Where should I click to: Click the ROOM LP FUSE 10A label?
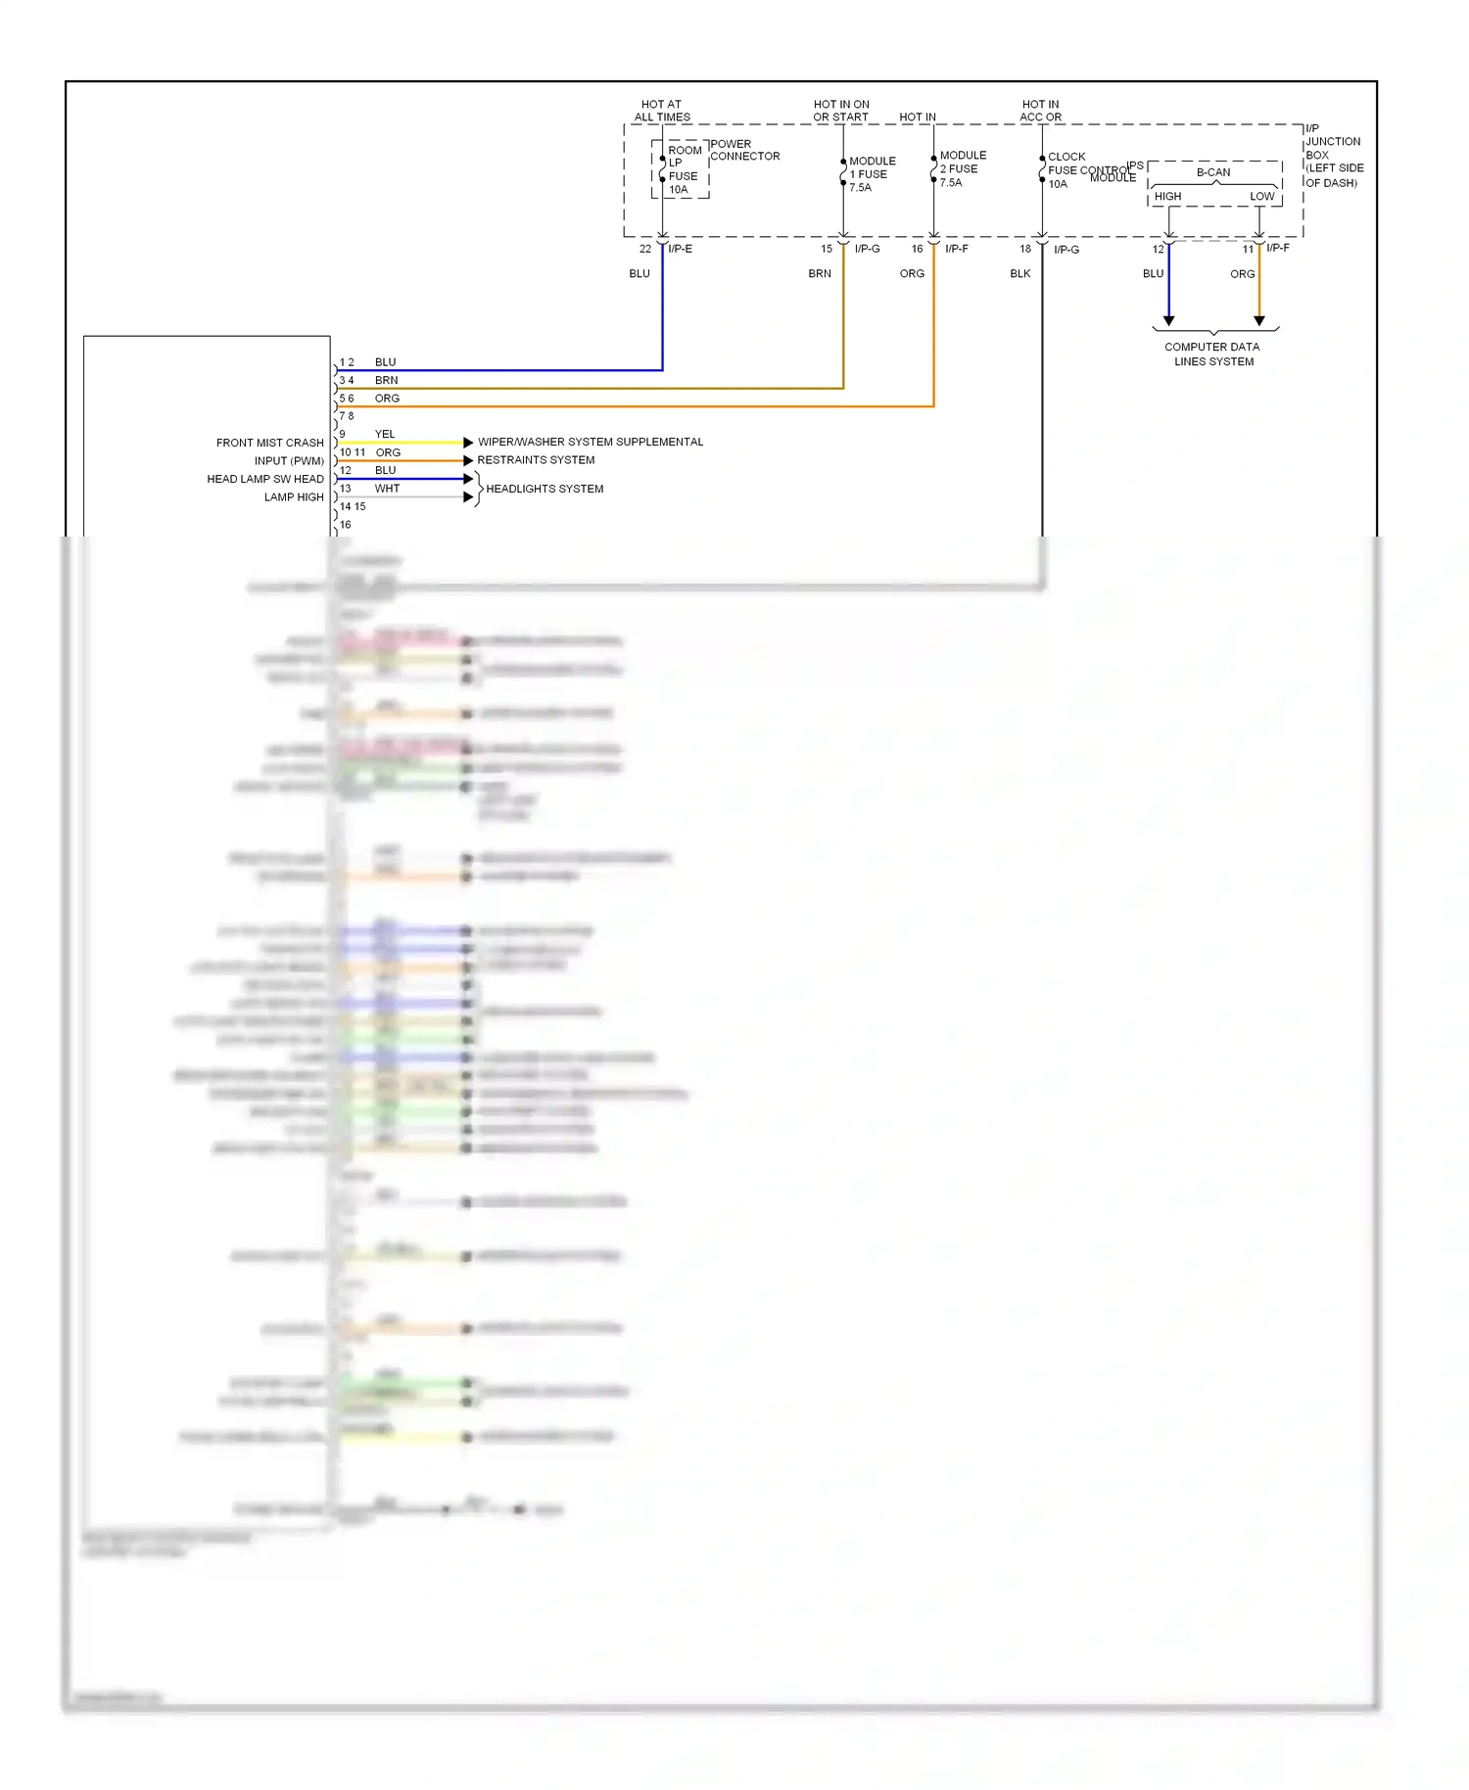tap(683, 169)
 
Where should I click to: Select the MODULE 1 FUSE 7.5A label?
tap(871, 174)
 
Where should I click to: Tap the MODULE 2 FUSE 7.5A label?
tap(962, 168)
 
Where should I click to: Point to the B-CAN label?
tap(1213, 172)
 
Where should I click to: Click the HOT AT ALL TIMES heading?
tap(662, 111)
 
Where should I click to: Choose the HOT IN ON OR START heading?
tap(841, 111)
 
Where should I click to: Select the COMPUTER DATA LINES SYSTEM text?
tap(1213, 354)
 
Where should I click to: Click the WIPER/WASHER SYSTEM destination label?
tap(590, 443)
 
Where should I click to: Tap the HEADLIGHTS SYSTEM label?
tap(545, 489)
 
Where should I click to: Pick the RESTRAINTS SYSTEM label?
tap(536, 460)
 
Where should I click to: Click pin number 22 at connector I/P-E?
tap(645, 249)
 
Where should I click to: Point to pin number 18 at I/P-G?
tap(1025, 249)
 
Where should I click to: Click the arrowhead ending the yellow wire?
tap(468, 443)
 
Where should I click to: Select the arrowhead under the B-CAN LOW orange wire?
tap(1259, 321)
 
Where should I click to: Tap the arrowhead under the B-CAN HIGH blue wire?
tap(1168, 321)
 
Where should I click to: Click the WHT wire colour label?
tap(387, 489)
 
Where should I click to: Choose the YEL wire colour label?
tap(385, 434)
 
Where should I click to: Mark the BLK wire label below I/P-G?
tap(1019, 274)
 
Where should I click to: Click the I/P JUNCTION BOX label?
tap(1333, 155)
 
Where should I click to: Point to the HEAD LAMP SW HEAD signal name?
tap(264, 479)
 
